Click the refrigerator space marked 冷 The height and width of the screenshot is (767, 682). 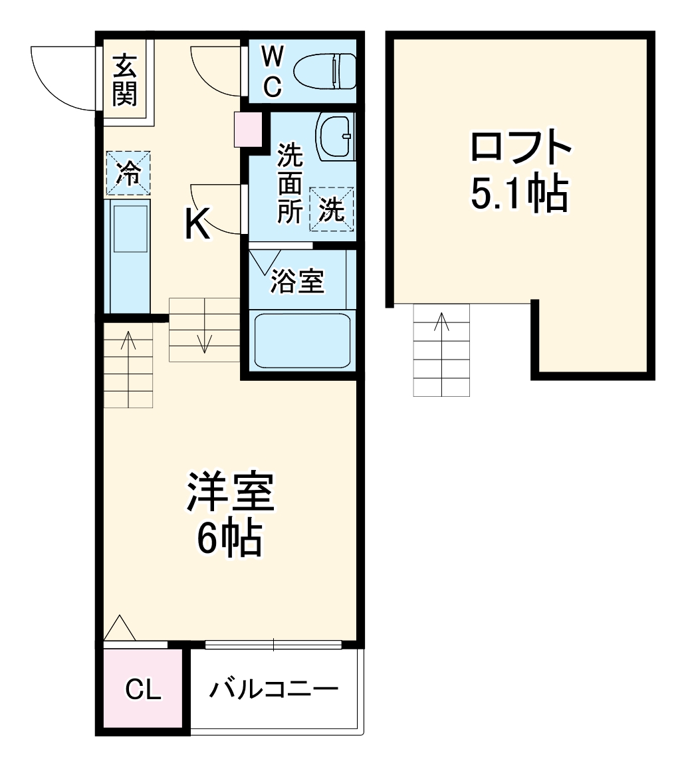(x=128, y=173)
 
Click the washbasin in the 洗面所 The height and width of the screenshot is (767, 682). (x=336, y=136)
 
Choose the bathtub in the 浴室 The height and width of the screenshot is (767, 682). (x=302, y=339)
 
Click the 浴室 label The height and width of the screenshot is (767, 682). (x=297, y=282)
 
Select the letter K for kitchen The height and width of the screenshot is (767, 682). (x=197, y=224)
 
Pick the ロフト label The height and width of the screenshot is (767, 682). (x=520, y=148)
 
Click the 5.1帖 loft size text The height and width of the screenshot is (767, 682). (x=520, y=193)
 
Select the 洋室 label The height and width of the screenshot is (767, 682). (x=230, y=493)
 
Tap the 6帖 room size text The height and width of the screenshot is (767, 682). (x=229, y=539)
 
